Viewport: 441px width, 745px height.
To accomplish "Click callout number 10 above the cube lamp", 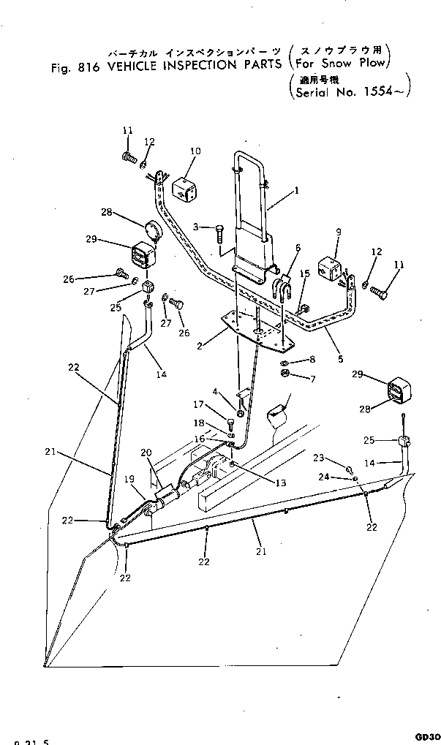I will point(195,151).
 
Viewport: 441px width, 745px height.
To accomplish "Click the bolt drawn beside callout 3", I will point(219,236).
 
